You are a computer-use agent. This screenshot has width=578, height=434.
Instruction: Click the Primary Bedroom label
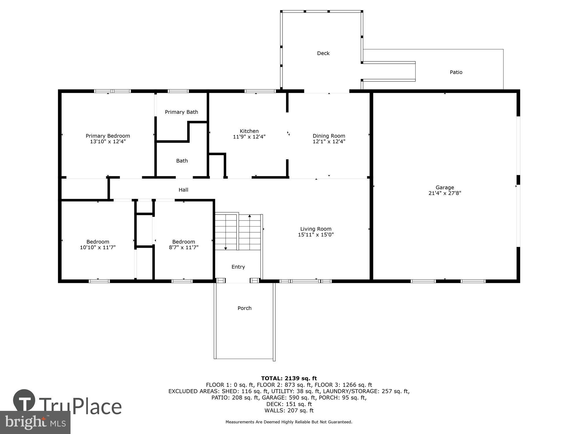tap(108, 136)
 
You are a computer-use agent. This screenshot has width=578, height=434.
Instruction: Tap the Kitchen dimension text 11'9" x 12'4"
tap(249, 137)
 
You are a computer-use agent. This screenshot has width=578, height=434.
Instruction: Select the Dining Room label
tap(329, 136)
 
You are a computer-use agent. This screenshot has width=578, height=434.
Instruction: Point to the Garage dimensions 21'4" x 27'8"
tap(445, 193)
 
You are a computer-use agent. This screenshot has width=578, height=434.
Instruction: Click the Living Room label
tap(316, 229)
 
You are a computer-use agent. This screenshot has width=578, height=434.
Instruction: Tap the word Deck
tap(323, 53)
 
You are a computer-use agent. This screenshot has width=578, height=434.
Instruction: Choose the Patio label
tap(456, 72)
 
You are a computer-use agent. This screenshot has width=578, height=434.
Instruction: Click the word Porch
tap(244, 308)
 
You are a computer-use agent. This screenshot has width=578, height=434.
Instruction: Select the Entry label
tap(238, 267)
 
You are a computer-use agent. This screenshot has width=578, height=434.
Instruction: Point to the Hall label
tap(183, 190)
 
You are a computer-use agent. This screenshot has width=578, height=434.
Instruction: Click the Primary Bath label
tap(181, 112)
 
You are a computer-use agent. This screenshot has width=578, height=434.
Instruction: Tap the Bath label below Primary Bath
tap(182, 161)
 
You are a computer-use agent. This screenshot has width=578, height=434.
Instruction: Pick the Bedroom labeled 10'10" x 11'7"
tap(98, 244)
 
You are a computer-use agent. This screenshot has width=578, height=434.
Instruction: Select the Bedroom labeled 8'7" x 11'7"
tap(184, 244)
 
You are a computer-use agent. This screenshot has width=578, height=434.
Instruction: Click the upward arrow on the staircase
tap(250, 216)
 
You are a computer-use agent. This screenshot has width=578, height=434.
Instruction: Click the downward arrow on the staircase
tap(226, 248)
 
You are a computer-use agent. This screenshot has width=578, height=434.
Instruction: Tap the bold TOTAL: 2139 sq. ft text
tap(289, 378)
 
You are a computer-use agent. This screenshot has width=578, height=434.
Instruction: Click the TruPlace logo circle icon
tap(24, 401)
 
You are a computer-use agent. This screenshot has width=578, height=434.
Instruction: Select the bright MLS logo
tap(35, 423)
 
